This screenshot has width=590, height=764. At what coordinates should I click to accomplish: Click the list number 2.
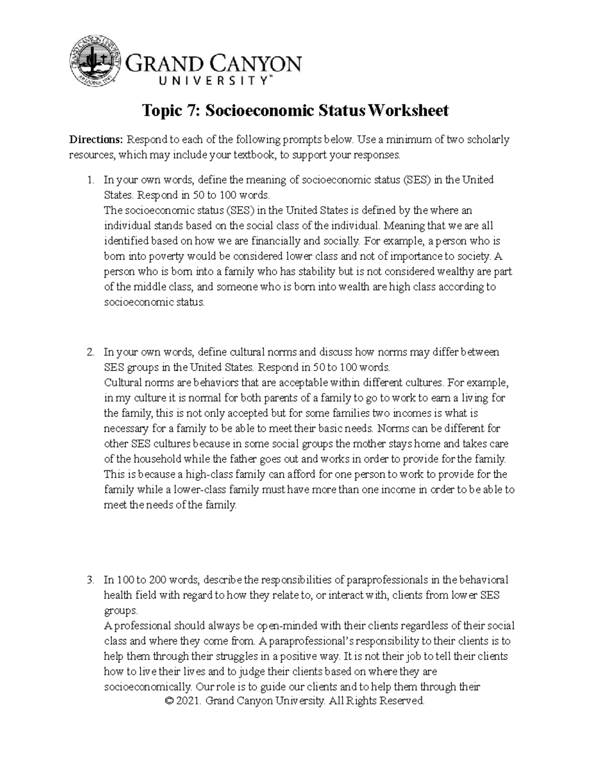pyautogui.click(x=89, y=352)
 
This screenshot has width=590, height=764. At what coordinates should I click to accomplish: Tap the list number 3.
pyautogui.click(x=89, y=580)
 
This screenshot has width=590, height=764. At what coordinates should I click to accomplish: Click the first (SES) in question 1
pyautogui.click(x=415, y=180)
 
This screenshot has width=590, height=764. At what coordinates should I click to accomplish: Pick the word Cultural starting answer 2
pyautogui.click(x=121, y=382)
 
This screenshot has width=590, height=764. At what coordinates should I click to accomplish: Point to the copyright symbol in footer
pyautogui.click(x=171, y=701)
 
